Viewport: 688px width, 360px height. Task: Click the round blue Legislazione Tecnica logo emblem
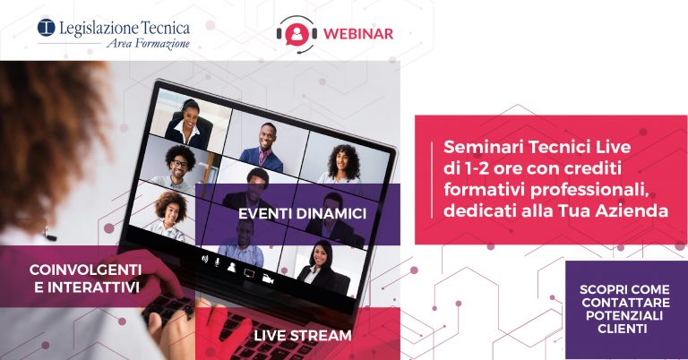(x=46, y=28)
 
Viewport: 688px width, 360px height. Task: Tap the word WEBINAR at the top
(x=358, y=34)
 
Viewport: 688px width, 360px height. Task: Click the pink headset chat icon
(x=297, y=34)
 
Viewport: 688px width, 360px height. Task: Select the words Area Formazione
(x=149, y=43)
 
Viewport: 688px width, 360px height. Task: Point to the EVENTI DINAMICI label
(x=302, y=214)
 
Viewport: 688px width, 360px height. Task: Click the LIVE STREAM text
(x=303, y=336)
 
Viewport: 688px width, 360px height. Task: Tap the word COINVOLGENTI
(x=86, y=270)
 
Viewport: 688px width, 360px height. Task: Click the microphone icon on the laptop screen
(x=217, y=262)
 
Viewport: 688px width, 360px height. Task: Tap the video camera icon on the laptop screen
(x=268, y=278)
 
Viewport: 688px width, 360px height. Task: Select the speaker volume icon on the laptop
(x=204, y=259)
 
